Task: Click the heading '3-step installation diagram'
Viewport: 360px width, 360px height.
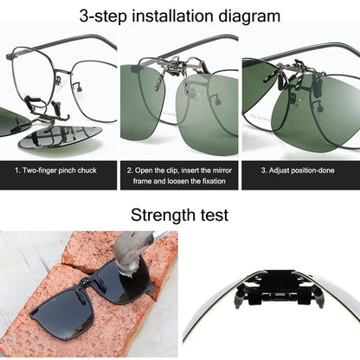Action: pos(180,16)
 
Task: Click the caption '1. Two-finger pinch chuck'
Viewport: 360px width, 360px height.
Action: pos(59,170)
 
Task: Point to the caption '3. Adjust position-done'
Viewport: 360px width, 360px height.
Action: pos(299,170)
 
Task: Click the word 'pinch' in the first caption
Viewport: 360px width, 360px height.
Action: pos(69,170)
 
